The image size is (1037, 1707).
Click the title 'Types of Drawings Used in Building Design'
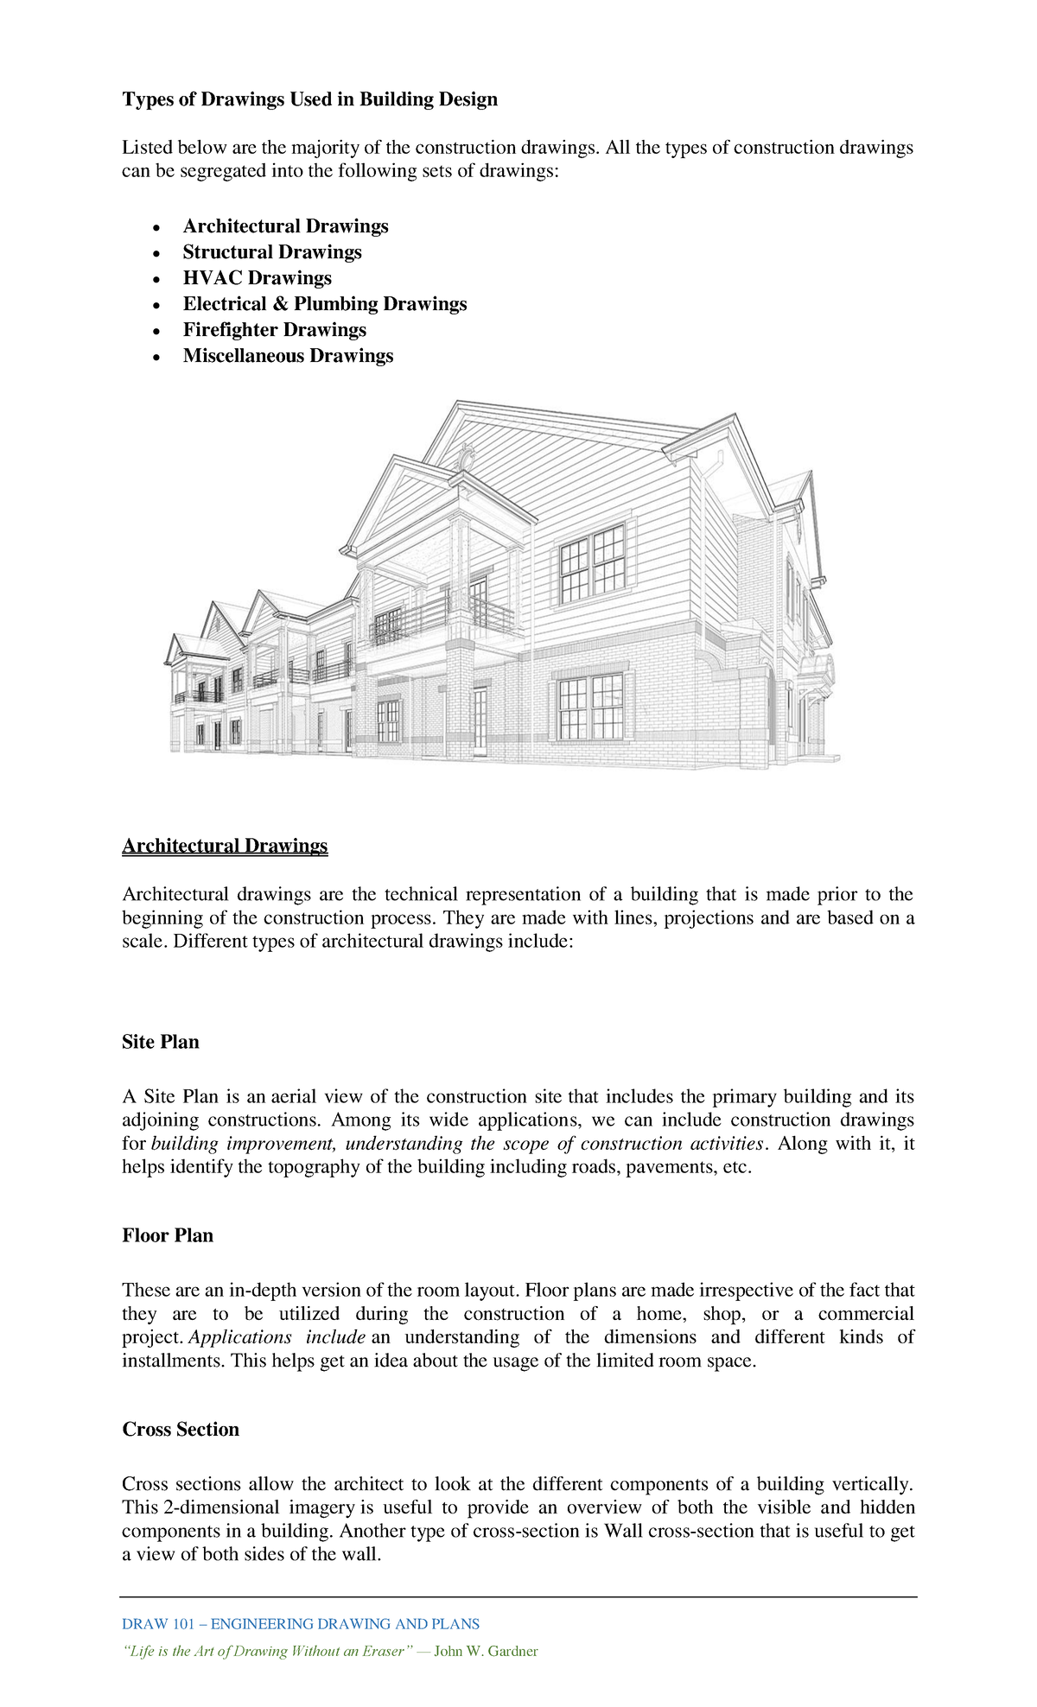click(309, 99)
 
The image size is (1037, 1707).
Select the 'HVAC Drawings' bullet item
click(257, 278)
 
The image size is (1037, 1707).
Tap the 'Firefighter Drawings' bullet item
click(274, 330)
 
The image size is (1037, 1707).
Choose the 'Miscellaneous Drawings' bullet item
click(288, 356)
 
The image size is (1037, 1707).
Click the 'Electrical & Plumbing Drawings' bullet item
click(324, 304)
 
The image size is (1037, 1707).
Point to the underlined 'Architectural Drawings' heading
click(225, 845)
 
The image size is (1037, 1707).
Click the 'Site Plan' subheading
click(161, 1042)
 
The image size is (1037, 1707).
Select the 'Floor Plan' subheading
click(168, 1235)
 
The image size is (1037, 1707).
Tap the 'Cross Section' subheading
click(181, 1429)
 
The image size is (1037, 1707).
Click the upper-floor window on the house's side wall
click(593, 563)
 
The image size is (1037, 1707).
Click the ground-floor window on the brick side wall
click(590, 708)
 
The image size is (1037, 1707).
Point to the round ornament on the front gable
click(467, 455)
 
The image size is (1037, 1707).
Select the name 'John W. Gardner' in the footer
click(486, 1651)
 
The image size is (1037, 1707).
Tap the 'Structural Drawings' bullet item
click(272, 252)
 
